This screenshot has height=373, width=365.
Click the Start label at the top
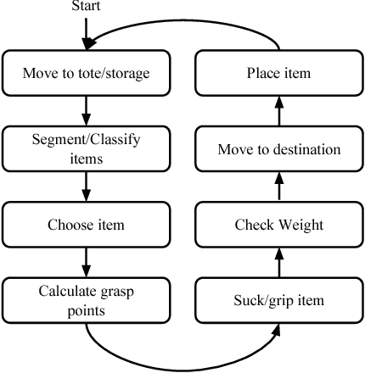[86, 8]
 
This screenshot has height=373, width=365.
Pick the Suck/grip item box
[278, 300]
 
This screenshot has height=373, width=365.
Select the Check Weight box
[278, 225]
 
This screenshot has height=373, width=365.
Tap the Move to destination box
[278, 149]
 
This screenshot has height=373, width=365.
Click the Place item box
[278, 74]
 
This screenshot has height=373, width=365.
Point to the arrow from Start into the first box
[87, 34]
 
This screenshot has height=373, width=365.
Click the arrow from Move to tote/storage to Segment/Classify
[87, 110]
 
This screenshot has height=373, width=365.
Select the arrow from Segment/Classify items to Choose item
[87, 186]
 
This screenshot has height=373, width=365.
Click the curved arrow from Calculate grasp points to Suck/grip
[182, 365]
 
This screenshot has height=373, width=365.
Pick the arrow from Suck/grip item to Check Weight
[278, 263]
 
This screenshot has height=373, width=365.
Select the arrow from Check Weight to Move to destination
[278, 187]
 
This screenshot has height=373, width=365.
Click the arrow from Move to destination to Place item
[278, 111]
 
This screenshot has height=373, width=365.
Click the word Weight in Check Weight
[299, 225]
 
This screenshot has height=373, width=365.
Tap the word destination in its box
[304, 149]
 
